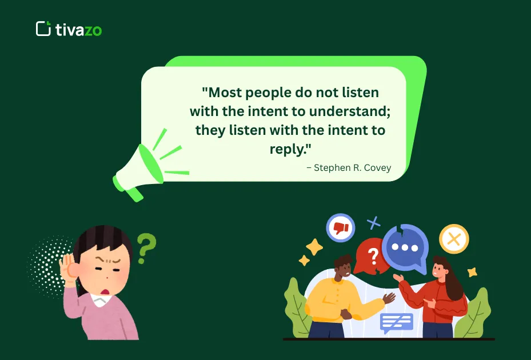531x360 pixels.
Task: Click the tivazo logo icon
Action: click(43, 29)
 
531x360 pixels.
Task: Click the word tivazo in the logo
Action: click(78, 30)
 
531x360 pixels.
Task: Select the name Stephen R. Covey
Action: click(349, 167)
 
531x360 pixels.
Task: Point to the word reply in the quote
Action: click(289, 149)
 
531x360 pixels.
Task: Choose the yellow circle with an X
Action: click(454, 239)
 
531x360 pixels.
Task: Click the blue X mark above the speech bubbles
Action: click(374, 222)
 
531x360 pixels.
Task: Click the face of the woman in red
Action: click(440, 269)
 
